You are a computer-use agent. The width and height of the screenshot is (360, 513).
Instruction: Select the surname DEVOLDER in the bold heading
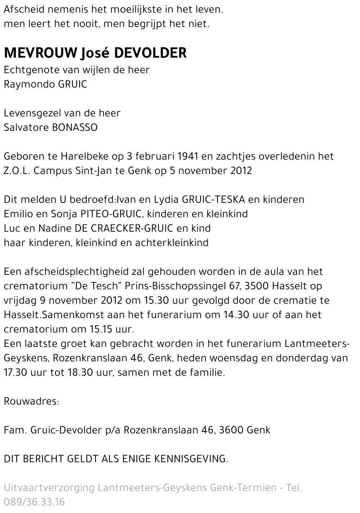coord(150,53)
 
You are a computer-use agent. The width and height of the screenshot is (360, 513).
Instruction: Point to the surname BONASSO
coord(75,128)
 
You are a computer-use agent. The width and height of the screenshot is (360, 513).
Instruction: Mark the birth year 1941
coord(188,156)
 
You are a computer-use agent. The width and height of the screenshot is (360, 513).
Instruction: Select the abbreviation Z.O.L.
coord(17,170)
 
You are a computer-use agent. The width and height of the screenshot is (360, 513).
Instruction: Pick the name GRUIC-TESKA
coord(214,200)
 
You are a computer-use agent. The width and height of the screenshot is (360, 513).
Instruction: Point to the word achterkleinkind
coord(172,243)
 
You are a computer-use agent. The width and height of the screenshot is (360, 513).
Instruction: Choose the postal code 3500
coord(257,286)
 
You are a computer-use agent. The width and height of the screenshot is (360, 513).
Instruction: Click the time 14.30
coord(232,315)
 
